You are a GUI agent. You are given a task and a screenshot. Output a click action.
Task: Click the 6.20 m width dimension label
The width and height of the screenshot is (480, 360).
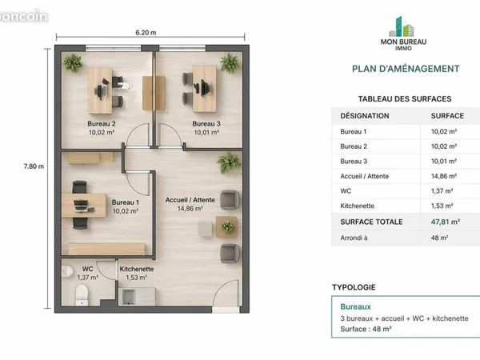(146, 33)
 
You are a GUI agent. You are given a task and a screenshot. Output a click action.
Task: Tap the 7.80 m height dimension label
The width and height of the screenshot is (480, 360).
(34, 166)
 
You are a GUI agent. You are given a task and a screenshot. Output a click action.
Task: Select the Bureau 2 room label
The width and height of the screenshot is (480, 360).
(102, 124)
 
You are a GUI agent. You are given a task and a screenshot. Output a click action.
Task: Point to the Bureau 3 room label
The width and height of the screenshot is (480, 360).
(206, 124)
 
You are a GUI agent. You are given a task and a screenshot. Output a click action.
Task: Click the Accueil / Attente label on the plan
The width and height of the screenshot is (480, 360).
(190, 199)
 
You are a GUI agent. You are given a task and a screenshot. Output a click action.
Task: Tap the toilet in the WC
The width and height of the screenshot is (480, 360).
(82, 295)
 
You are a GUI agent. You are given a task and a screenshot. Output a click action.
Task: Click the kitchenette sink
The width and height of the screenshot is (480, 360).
(129, 297)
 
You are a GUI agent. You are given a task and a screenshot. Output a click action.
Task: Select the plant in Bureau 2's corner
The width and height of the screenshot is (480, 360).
(73, 62)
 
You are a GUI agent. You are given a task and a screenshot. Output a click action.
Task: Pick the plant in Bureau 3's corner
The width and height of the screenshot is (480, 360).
(230, 62)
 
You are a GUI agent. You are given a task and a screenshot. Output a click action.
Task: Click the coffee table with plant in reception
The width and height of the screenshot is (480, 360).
(226, 227)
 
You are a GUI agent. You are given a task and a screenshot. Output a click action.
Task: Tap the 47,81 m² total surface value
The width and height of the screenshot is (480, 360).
(446, 222)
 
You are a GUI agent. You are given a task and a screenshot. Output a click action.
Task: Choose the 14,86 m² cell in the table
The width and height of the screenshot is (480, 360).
(444, 176)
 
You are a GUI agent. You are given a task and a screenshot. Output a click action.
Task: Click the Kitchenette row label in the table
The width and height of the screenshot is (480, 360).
(358, 206)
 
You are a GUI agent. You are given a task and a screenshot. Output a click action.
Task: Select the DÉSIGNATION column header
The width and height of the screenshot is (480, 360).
(365, 116)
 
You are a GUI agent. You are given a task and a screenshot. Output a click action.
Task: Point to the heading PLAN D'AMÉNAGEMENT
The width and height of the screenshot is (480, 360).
(406, 69)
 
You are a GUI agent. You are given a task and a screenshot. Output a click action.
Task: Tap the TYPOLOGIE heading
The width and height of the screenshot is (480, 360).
(354, 287)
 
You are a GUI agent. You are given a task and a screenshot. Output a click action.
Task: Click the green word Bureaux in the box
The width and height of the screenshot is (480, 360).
(355, 306)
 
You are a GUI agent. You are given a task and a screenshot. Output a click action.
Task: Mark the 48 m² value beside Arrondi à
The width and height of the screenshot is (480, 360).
(439, 238)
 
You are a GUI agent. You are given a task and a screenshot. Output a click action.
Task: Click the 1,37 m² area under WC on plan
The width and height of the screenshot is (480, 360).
(87, 278)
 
